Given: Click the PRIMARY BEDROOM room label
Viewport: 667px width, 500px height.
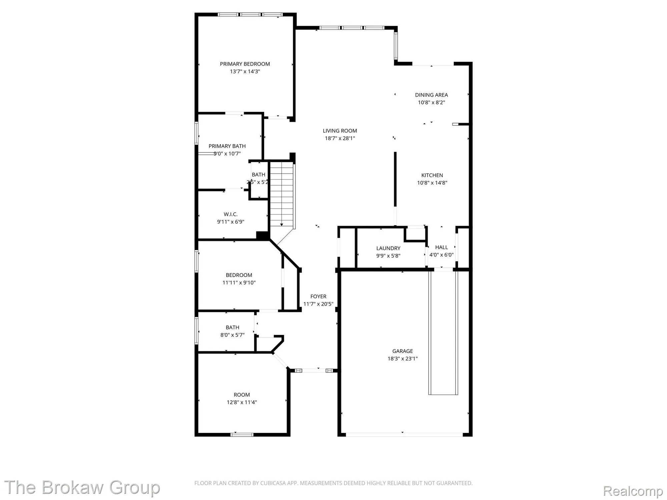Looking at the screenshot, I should tap(245, 64).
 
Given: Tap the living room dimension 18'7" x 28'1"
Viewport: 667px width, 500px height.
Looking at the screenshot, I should tap(340, 138).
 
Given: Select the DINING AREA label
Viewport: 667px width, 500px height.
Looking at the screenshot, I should tap(431, 95).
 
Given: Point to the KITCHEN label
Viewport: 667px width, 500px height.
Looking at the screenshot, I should tap(432, 175).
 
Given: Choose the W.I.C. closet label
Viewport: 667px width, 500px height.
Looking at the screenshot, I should tap(230, 214).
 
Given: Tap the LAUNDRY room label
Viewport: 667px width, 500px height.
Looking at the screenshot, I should tap(388, 248).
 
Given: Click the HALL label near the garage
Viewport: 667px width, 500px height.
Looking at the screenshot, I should tap(441, 247).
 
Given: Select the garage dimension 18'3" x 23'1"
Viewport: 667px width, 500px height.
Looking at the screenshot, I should tap(403, 359).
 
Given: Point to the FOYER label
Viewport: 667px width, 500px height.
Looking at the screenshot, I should tap(318, 296).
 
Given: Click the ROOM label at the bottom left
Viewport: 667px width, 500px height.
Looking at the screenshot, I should tap(241, 395).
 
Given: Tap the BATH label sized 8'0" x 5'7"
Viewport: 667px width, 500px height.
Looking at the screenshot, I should tap(232, 327).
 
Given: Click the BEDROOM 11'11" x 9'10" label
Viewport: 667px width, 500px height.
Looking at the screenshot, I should tap(239, 275).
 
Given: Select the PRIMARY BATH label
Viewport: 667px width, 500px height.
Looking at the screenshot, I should tap(227, 146).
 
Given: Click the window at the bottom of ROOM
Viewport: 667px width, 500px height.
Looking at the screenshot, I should tap(242, 434).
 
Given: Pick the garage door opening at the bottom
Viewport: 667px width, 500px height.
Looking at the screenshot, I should tap(404, 434).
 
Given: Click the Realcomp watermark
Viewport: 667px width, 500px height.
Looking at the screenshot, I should tap(633, 491).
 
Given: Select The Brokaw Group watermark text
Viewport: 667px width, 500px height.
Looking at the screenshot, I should tap(82, 487).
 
